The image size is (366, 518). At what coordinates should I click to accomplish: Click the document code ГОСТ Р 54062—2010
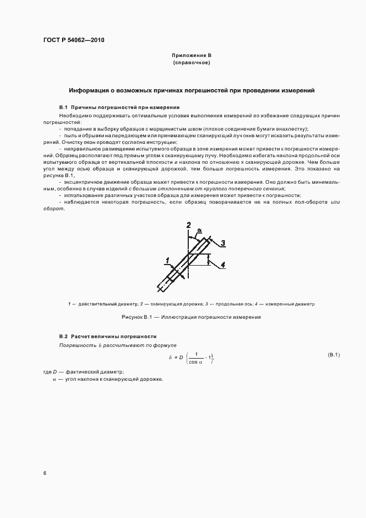pyautogui.click(x=74, y=40)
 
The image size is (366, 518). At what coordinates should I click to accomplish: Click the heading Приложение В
pyautogui.click(x=191, y=56)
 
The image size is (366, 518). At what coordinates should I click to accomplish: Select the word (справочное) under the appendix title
pyautogui.click(x=191, y=64)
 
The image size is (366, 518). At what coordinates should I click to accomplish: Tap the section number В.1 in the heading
pyautogui.click(x=63, y=106)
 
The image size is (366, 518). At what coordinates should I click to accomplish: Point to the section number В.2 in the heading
pyautogui.click(x=63, y=336)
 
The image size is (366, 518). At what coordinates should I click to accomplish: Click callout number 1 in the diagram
pyautogui.click(x=167, y=260)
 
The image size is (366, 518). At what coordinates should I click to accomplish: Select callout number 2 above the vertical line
pyautogui.click(x=189, y=225)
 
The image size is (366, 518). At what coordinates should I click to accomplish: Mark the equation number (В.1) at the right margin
pyautogui.click(x=334, y=354)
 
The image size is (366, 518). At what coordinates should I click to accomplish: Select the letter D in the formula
pyautogui.click(x=180, y=358)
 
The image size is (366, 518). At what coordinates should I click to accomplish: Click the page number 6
pyautogui.click(x=44, y=473)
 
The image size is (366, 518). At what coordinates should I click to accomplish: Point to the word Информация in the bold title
pyautogui.click(x=87, y=90)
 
